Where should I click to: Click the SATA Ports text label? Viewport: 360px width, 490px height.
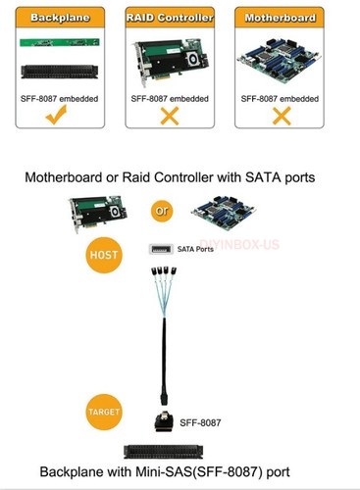[195, 251]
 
